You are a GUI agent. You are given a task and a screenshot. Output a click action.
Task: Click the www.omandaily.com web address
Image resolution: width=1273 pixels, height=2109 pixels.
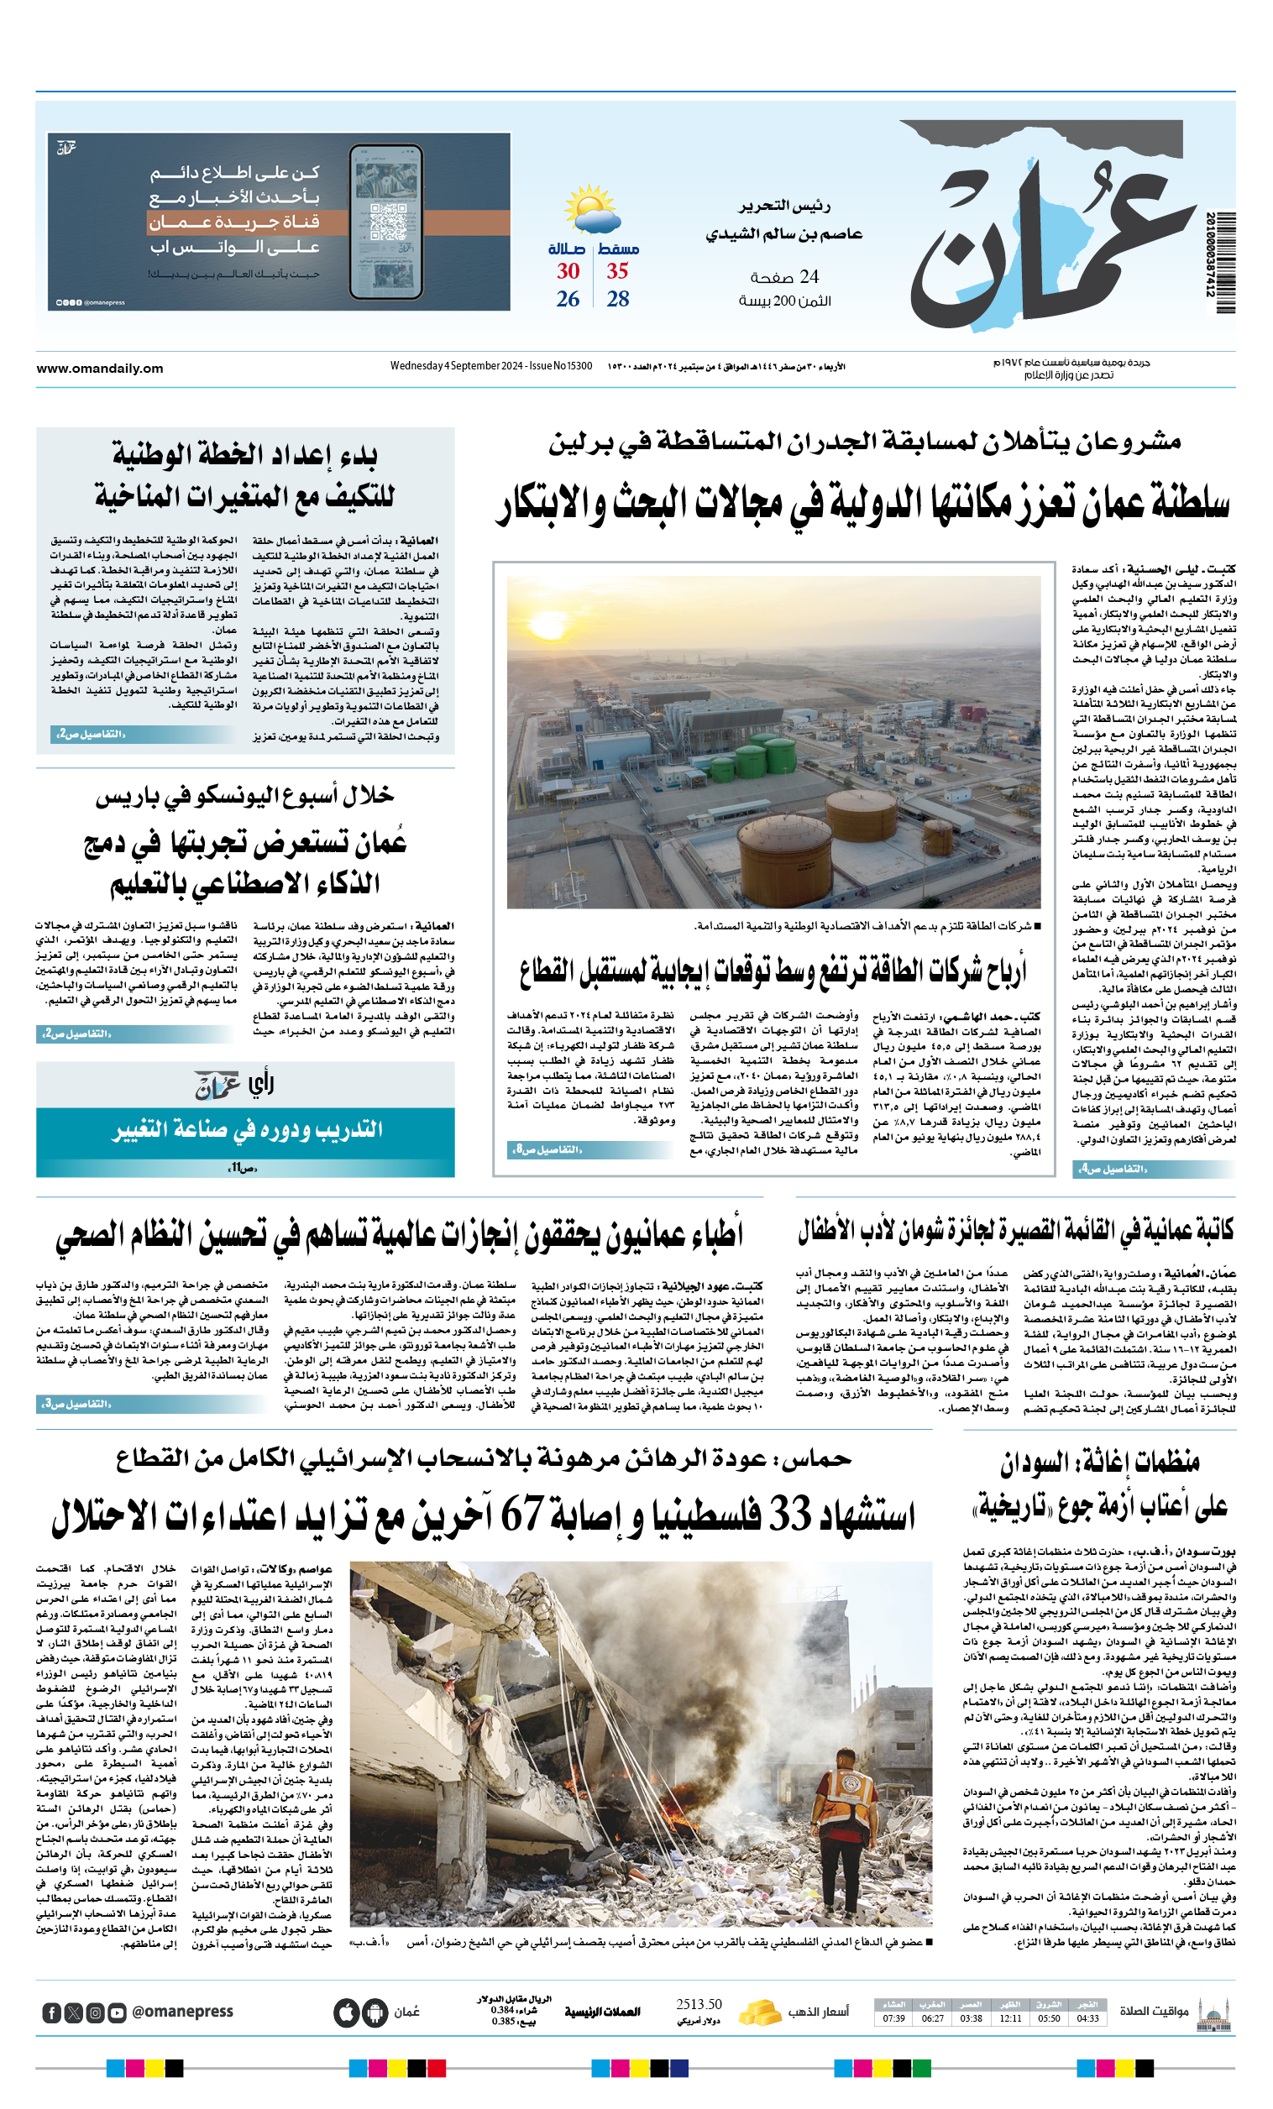click(99, 369)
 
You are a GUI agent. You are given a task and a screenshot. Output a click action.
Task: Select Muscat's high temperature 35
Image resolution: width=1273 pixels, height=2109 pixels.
click(617, 271)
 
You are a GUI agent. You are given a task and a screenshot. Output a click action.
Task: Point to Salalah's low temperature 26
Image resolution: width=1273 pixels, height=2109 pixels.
click(568, 300)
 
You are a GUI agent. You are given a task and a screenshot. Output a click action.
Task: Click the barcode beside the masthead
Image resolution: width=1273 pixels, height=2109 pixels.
click(1222, 255)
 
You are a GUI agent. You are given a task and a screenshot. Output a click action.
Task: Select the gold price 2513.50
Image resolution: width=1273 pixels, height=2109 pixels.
click(699, 2005)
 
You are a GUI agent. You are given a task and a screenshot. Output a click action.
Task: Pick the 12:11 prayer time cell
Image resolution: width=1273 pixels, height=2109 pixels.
click(1010, 2018)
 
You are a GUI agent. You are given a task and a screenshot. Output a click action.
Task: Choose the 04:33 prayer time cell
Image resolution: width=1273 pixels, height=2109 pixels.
click(1087, 2018)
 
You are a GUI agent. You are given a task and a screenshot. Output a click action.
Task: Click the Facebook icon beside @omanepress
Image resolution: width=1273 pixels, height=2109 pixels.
click(51, 2013)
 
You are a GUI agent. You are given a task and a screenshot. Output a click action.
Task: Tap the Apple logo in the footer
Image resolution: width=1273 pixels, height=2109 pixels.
click(346, 2012)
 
